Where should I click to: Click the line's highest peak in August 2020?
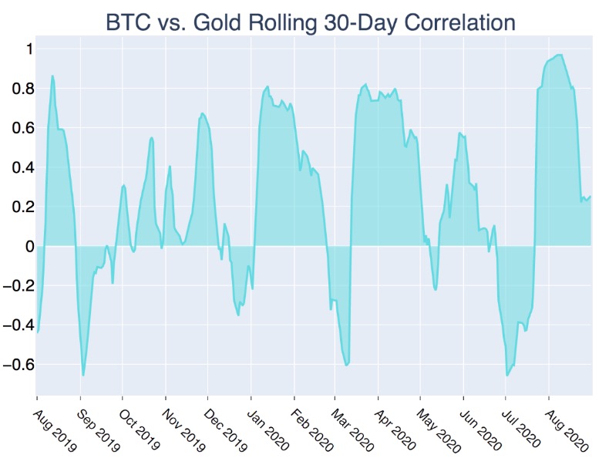pos(559,55)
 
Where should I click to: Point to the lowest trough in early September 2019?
pos(83,376)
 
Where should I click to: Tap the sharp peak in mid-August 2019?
pos(52,76)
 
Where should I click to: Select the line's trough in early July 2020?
pos(506,376)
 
